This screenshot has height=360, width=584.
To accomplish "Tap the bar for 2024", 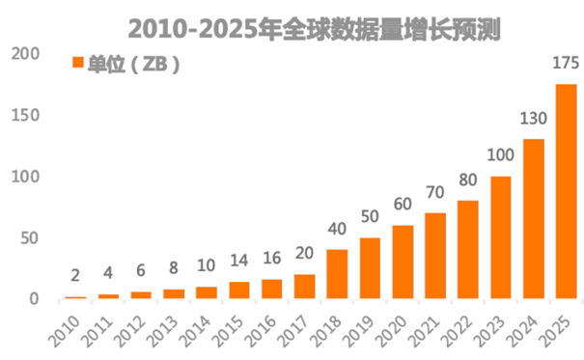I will click(x=533, y=219).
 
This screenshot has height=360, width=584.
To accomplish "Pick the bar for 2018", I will click(x=337, y=274).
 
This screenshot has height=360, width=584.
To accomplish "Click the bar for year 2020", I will click(x=403, y=262).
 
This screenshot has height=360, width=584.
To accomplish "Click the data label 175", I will click(x=566, y=65).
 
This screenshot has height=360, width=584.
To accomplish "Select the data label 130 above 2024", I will click(x=533, y=120).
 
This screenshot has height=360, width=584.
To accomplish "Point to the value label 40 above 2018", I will click(x=337, y=230).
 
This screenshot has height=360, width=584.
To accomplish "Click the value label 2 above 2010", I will click(x=75, y=277).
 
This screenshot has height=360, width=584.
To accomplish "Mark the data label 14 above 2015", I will click(x=238, y=262).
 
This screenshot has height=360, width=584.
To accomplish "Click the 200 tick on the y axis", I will click(x=22, y=55).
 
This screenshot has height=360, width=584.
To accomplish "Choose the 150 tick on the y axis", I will click(x=22, y=116).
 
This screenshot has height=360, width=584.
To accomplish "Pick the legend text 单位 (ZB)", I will click(x=134, y=64).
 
